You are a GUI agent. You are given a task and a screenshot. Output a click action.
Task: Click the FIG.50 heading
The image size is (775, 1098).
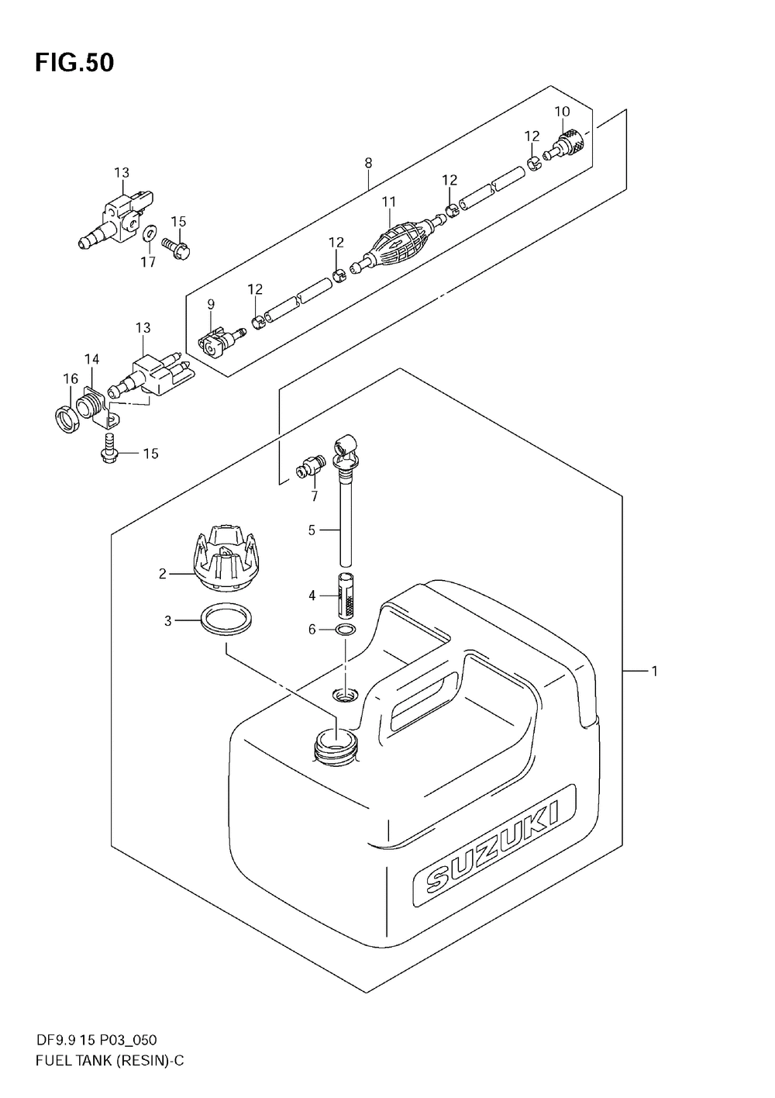74,63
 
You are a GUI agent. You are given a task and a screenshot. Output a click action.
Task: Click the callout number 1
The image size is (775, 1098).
654,672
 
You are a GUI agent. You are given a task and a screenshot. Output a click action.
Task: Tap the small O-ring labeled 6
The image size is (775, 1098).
346,629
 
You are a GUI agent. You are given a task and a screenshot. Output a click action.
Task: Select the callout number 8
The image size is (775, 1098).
368,163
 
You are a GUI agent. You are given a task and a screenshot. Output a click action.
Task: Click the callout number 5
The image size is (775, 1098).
312,530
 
